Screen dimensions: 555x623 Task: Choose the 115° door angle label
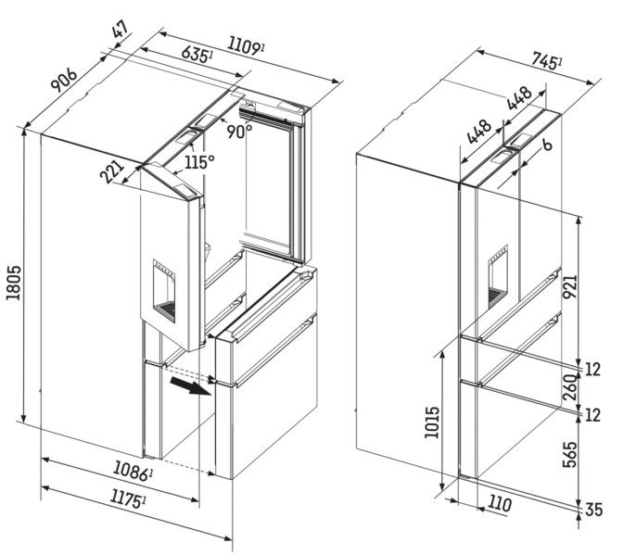(x=197, y=161)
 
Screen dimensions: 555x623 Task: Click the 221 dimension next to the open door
(x=113, y=172)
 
